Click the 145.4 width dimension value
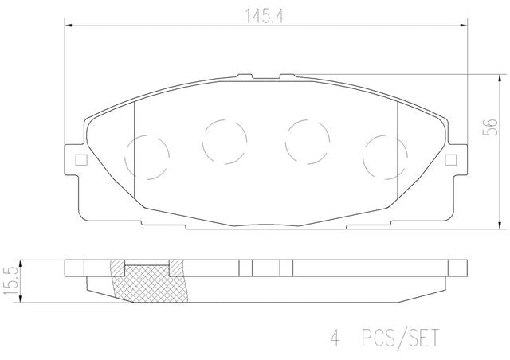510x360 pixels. pyautogui.click(x=264, y=16)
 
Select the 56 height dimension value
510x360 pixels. pyautogui.click(x=490, y=127)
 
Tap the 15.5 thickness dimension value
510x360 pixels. pyautogui.click(x=10, y=281)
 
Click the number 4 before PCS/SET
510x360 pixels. pyautogui.click(x=335, y=338)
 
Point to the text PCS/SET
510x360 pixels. pyautogui.click(x=400, y=338)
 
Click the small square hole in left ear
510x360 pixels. pyautogui.click(x=81, y=160)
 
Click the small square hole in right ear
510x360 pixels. pyautogui.click(x=451, y=160)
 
